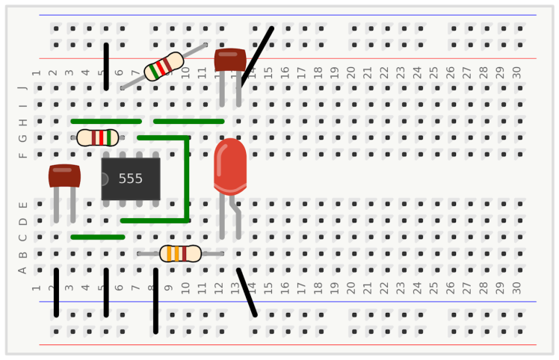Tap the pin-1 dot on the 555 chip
[x=104, y=179]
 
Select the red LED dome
[x=229, y=165]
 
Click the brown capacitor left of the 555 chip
[x=64, y=176]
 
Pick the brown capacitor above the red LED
[x=230, y=60]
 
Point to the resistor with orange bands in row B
[x=180, y=253]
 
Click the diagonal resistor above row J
[x=164, y=66]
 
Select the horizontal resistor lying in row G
[x=97, y=137]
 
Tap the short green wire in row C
[x=97, y=237]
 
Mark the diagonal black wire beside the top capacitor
[x=256, y=57]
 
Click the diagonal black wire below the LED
[x=247, y=292]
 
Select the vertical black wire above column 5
[x=106, y=66]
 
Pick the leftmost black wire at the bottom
[x=57, y=292]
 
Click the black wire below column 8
[x=155, y=301]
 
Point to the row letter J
[x=22, y=88]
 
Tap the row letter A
[x=22, y=270]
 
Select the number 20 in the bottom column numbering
[x=351, y=286]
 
